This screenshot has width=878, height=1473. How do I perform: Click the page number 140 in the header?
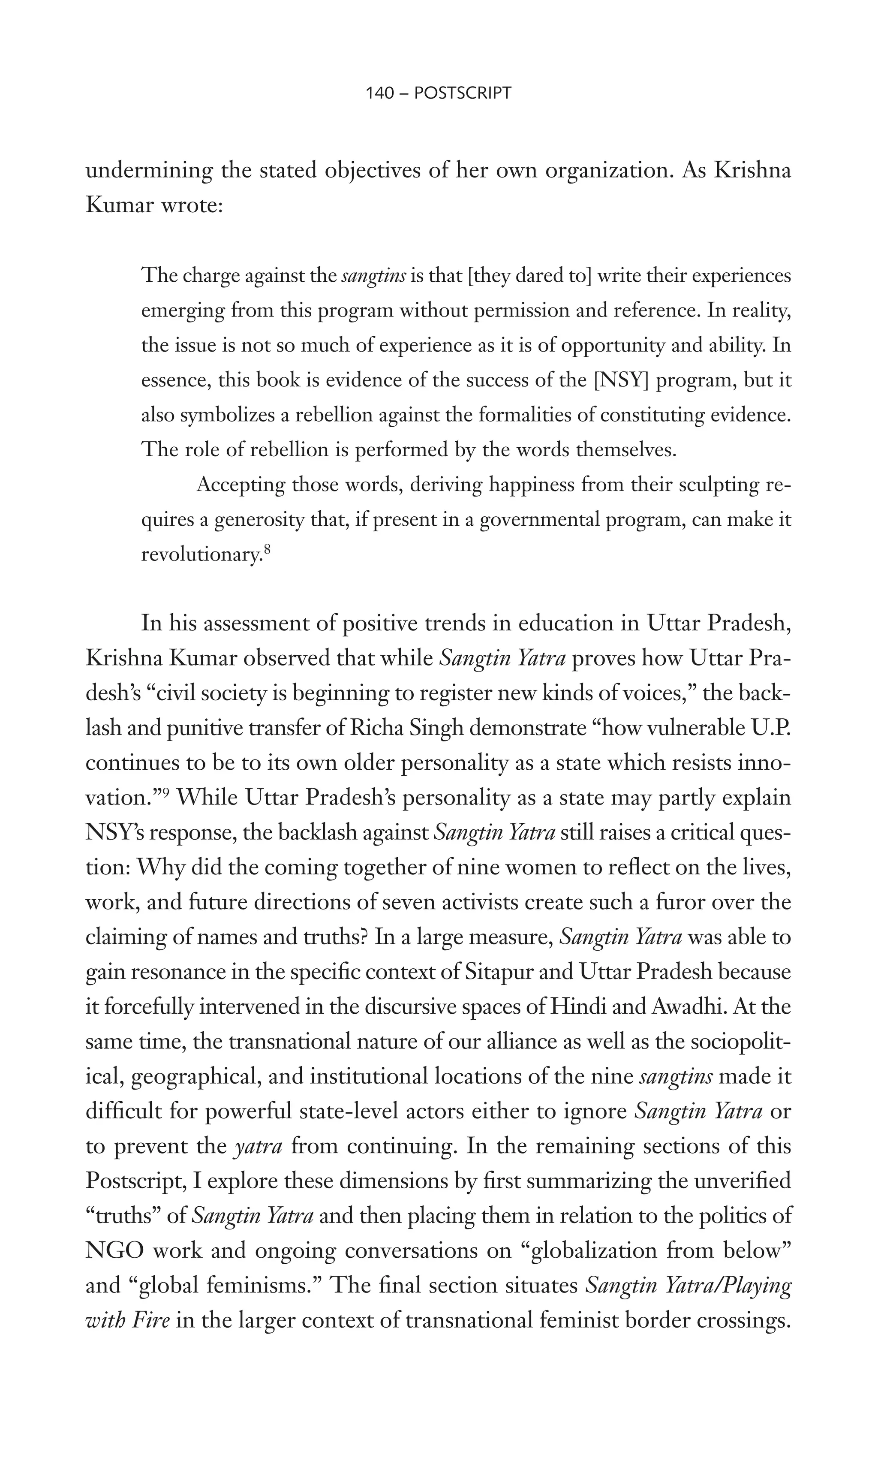point(379,93)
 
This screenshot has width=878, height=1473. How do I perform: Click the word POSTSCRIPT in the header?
point(463,93)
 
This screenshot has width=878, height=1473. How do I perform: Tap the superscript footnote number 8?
point(267,550)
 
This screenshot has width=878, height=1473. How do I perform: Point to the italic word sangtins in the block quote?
point(374,276)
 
